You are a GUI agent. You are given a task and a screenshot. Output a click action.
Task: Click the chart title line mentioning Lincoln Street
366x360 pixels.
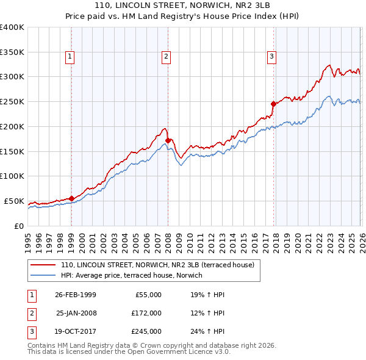pos(182,5)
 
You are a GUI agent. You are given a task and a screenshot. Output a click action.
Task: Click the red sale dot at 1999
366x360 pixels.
pos(72,198)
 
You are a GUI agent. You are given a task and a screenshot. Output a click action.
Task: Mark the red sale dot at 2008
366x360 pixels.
pos(168,140)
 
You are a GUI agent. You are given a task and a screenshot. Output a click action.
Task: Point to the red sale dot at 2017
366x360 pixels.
pos(273,104)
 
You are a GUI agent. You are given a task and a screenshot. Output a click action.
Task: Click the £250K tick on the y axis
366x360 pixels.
pos(12,101)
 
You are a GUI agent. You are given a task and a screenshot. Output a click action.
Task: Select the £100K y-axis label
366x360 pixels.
pos(12,176)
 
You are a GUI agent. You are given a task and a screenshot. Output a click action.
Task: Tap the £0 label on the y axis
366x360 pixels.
pos(18,226)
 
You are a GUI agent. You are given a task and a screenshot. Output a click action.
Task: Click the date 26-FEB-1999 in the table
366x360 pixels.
pos(76,295)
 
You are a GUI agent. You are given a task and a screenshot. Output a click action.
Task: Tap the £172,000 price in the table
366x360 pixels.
pos(146,313)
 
